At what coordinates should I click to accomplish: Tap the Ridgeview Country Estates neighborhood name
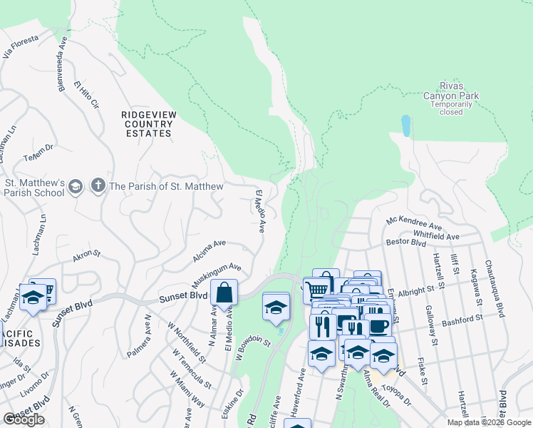[x=147, y=123]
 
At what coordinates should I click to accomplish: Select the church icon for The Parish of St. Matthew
[x=97, y=187]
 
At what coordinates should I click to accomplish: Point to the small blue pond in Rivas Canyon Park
[x=405, y=126]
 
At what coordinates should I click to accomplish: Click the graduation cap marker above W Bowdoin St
[x=276, y=307]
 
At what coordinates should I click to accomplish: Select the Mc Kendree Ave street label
[x=415, y=224]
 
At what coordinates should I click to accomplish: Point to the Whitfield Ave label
[x=435, y=235]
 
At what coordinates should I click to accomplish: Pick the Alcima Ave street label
[x=208, y=249]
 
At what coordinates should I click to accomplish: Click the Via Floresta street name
[x=19, y=49]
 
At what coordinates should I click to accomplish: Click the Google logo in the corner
[x=24, y=419]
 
